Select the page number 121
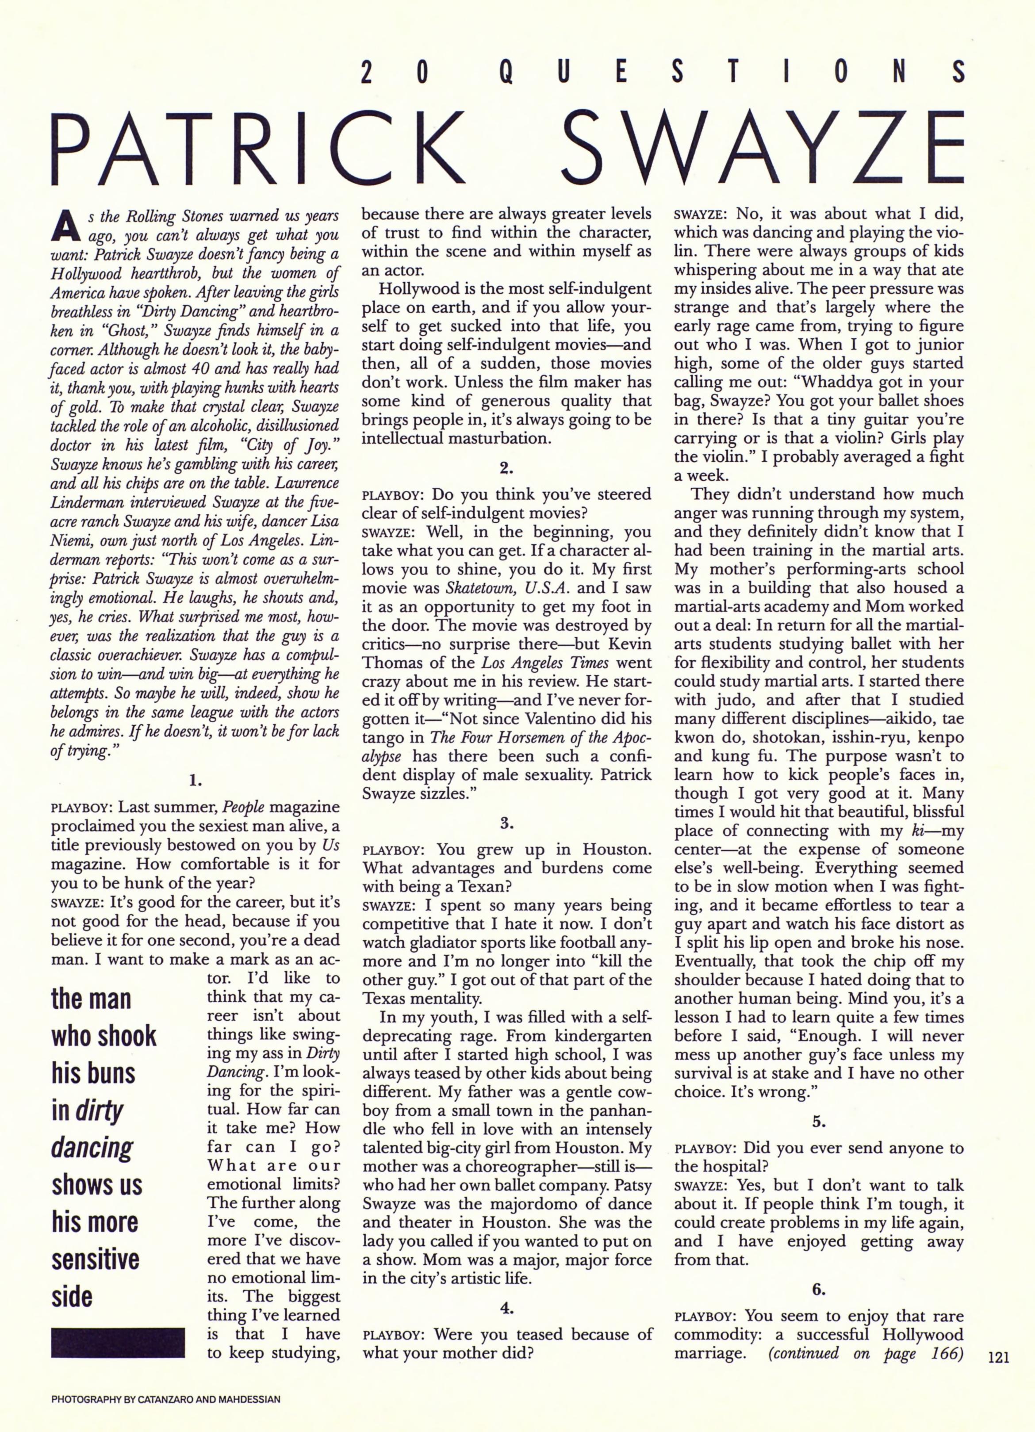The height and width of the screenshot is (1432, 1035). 998,1356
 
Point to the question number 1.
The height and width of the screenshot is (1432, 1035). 195,781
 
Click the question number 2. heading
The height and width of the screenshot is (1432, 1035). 506,468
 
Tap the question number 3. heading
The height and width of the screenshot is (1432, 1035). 506,823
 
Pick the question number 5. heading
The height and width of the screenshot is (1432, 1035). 818,1122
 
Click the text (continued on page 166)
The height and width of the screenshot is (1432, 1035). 865,1353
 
